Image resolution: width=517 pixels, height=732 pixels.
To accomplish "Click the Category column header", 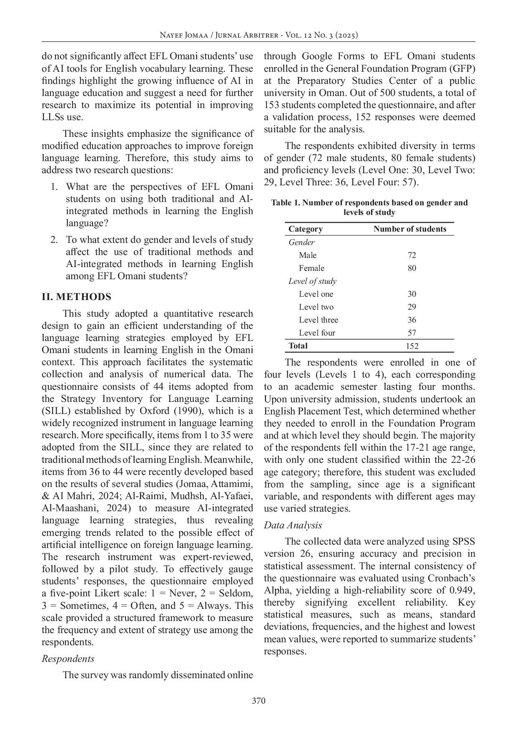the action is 305,229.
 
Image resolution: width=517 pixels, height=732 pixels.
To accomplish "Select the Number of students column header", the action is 409,229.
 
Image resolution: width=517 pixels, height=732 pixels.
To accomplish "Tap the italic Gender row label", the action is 301,242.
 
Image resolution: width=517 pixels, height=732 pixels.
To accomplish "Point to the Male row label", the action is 307,255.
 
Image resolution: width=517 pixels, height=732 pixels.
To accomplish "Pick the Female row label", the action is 311,268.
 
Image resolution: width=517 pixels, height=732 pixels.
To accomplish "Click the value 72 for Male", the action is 412,255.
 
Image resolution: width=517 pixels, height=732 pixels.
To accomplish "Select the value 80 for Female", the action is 412,268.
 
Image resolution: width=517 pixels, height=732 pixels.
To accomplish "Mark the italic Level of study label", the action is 312,281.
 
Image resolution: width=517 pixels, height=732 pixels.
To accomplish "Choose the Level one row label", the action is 316,294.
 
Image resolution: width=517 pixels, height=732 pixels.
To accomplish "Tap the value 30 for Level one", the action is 412,294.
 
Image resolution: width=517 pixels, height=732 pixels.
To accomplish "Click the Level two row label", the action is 316,307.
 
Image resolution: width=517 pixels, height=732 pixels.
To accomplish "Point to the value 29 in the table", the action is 412,307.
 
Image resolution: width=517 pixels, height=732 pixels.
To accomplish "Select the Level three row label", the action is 318,320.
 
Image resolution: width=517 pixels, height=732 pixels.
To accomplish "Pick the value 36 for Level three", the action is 412,320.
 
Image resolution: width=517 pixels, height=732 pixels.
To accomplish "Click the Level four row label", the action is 316,333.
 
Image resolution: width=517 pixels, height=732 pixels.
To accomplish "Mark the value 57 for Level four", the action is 412,333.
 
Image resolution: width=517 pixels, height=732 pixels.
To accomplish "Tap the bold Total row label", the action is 298,346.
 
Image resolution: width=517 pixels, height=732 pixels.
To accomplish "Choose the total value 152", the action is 412,346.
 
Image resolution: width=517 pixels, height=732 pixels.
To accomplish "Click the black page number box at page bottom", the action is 258,699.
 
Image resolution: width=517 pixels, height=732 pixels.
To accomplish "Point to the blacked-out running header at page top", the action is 258,36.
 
